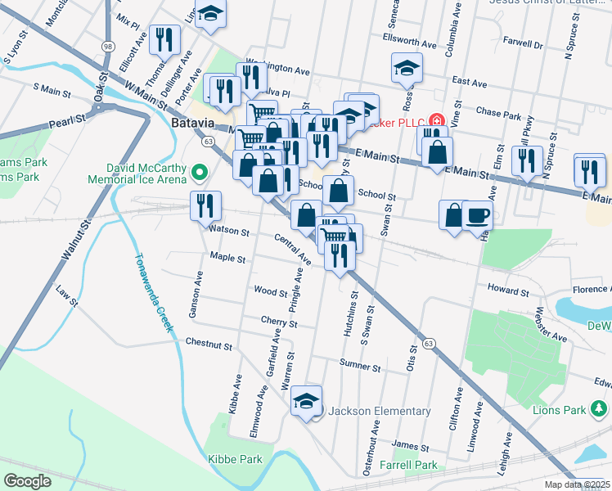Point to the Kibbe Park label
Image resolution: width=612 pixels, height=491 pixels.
235,459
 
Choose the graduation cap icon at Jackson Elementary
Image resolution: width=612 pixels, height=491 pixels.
307,400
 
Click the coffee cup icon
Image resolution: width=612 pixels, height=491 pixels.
477,215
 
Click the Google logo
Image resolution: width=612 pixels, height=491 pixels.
27,481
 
